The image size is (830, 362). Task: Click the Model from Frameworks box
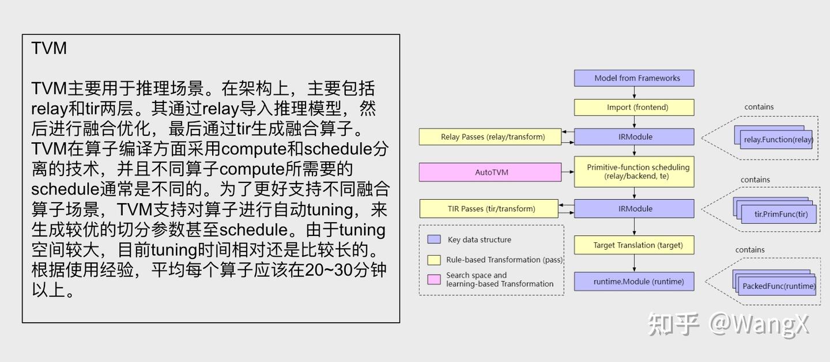pyautogui.click(x=634, y=78)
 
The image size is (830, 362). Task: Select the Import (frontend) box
pyautogui.click(x=634, y=108)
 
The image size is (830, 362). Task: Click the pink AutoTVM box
pyautogui.click(x=490, y=172)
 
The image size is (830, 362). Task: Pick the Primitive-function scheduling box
pyautogui.click(x=634, y=172)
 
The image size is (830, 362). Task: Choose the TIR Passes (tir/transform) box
pyautogui.click(x=489, y=209)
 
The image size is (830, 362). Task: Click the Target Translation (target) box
pyautogui.click(x=634, y=245)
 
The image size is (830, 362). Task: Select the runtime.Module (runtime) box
pyautogui.click(x=634, y=281)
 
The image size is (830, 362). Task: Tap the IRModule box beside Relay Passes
pyautogui.click(x=634, y=137)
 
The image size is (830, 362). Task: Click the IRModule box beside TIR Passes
pyautogui.click(x=634, y=209)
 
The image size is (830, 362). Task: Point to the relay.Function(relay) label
pyautogui.click(x=778, y=140)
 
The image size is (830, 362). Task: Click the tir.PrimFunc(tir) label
pyautogui.click(x=781, y=215)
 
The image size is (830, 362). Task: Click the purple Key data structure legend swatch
pyautogui.click(x=434, y=239)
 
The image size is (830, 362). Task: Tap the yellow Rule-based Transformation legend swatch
pyautogui.click(x=434, y=260)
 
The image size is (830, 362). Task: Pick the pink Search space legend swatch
pyautogui.click(x=434, y=279)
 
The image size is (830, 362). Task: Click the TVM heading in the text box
pyautogui.click(x=49, y=48)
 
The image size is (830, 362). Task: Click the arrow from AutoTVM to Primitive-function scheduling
pyautogui.click(x=568, y=172)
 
